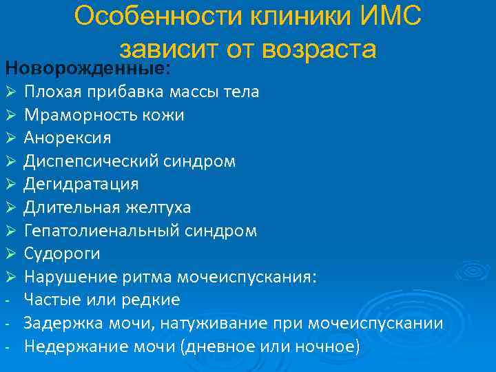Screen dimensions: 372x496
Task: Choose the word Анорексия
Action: point(68,138)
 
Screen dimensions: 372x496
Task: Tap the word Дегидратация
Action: point(81,184)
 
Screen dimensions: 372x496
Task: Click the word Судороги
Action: point(62,254)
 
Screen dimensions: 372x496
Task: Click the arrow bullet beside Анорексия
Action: point(10,138)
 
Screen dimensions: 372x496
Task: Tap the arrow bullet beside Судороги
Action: point(10,254)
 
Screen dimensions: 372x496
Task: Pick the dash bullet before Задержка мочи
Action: point(6,323)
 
